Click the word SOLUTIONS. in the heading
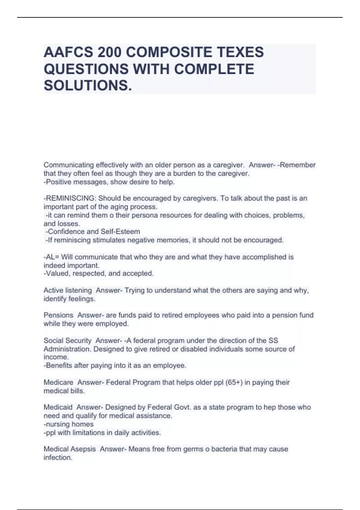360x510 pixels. coord(88,85)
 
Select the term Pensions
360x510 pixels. coord(58,315)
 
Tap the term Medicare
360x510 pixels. coord(58,382)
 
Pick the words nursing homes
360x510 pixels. coord(69,424)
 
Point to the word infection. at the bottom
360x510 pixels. coord(58,457)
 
